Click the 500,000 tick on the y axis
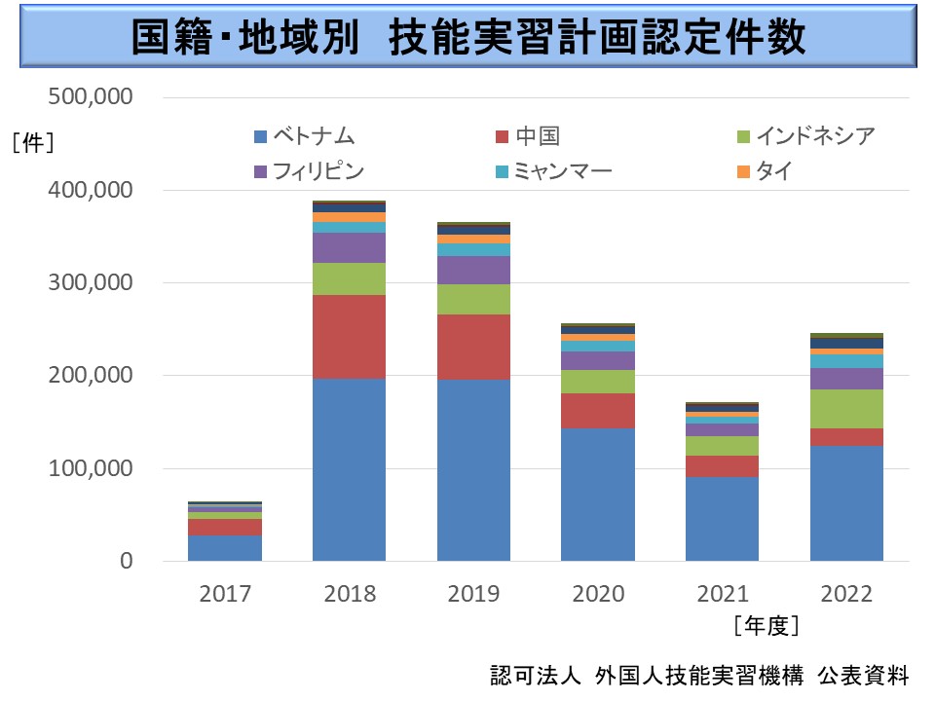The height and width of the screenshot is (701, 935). [91, 97]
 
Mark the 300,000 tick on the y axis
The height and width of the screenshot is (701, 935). [91, 283]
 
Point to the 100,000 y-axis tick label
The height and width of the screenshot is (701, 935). [91, 468]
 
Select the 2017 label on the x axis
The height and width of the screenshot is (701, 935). [225, 594]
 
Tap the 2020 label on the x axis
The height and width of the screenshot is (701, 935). [598, 594]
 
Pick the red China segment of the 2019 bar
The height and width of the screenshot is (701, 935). [473, 347]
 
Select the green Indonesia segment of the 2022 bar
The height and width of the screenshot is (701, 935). [846, 409]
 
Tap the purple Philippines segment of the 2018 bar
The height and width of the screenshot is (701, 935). [350, 247]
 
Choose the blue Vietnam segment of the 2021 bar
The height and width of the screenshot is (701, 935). [722, 518]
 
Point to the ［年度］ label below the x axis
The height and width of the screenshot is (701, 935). [767, 625]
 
